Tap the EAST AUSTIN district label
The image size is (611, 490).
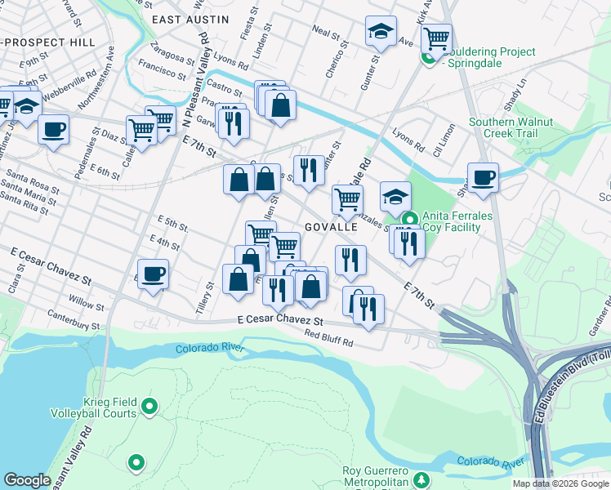(188, 18)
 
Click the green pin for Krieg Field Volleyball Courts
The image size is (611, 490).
(149, 405)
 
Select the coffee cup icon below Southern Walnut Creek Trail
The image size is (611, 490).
(483, 177)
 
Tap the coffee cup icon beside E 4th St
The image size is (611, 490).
(153, 273)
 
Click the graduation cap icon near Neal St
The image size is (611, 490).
(381, 31)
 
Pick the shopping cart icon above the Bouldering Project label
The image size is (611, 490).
(437, 36)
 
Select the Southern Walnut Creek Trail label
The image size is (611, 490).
(511, 127)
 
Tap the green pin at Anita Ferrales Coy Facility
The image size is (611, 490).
(409, 219)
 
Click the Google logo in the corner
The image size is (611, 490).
(27, 480)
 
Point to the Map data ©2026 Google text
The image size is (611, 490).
(560, 483)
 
